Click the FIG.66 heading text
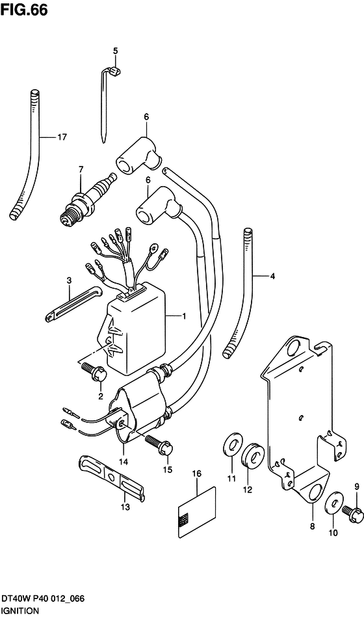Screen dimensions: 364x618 [24, 10]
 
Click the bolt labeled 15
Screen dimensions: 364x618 [159, 444]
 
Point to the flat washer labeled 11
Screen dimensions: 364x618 [233, 446]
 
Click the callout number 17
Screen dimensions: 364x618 [62, 137]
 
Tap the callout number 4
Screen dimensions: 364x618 [272, 276]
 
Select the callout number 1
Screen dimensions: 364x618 [184, 316]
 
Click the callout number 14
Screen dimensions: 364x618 [125, 461]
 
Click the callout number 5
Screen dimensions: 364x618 [116, 51]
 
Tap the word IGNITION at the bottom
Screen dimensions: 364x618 [19, 610]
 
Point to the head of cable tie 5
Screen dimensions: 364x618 [114, 72]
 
